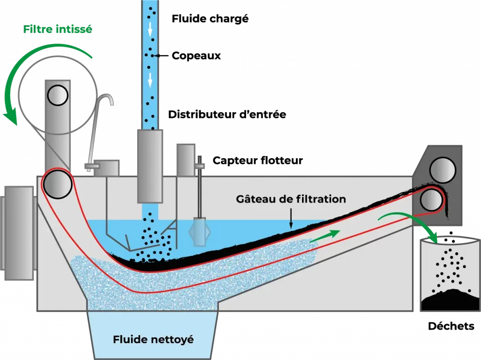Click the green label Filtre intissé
pos(58,29)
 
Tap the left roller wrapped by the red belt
pos(55,183)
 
